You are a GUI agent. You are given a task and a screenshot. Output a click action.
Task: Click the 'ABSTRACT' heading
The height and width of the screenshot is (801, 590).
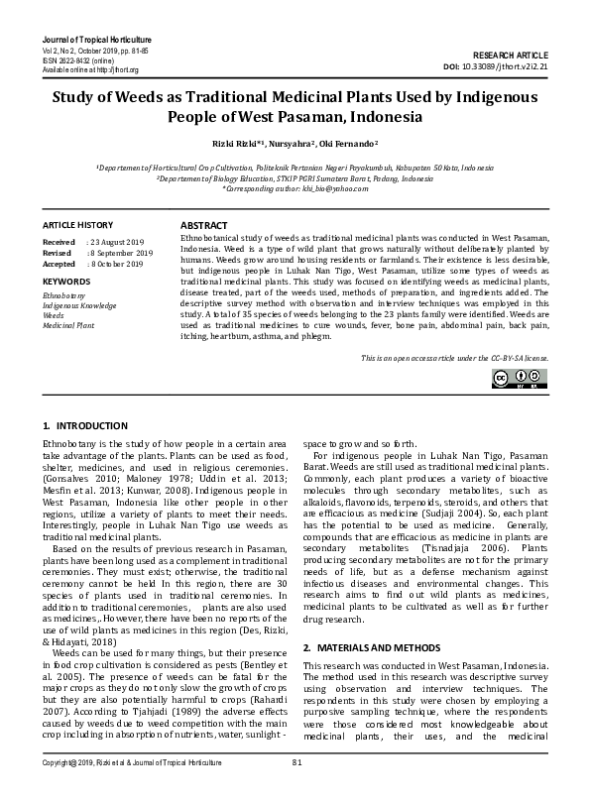[203, 226]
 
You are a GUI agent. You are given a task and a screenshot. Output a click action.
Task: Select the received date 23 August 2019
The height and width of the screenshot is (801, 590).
[118, 242]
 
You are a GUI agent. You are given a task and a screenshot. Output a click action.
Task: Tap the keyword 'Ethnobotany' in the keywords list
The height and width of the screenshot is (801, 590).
[64, 295]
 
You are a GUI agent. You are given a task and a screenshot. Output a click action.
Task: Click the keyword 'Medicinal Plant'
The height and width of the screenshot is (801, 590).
[69, 325]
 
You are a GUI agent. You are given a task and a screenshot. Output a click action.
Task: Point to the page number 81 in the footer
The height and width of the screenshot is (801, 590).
[295, 789]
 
